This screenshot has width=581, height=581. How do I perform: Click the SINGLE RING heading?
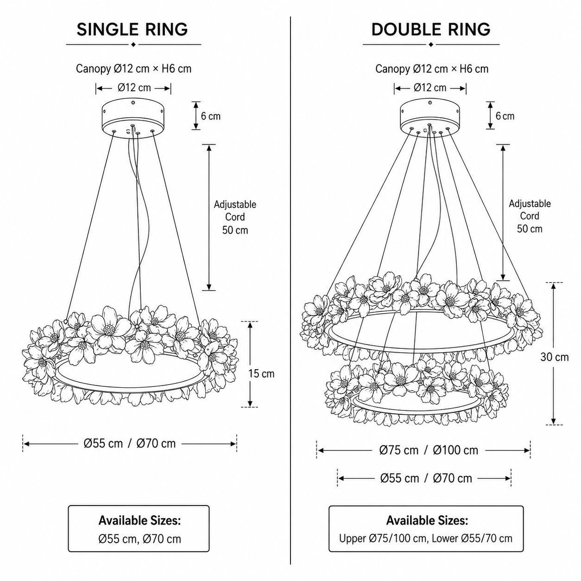(132, 30)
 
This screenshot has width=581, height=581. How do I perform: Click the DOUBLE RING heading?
(431, 30)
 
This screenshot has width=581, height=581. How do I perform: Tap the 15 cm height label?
(261, 374)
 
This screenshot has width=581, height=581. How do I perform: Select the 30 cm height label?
(555, 357)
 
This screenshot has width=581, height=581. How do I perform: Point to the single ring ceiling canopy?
(133, 119)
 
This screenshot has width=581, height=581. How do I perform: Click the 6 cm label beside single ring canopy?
(211, 116)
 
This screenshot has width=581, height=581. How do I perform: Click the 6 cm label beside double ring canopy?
(505, 116)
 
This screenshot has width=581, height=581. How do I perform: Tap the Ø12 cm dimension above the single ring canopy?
(134, 88)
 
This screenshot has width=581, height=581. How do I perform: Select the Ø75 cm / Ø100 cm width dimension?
(429, 450)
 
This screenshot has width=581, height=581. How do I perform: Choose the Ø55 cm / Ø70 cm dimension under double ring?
(426, 479)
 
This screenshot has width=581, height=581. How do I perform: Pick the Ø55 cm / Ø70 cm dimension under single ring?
(130, 444)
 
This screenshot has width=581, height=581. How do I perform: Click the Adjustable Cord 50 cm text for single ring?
(235, 217)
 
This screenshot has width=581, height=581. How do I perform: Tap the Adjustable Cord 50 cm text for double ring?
(530, 216)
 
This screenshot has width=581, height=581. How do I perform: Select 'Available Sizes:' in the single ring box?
(139, 521)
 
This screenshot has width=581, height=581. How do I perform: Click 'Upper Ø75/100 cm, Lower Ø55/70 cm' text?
(426, 538)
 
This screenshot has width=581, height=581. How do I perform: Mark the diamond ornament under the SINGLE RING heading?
(133, 44)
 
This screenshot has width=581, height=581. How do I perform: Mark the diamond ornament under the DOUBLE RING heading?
(431, 44)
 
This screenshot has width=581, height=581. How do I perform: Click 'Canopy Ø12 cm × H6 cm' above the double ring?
(432, 69)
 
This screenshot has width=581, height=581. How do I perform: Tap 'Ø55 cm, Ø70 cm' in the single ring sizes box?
(139, 539)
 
